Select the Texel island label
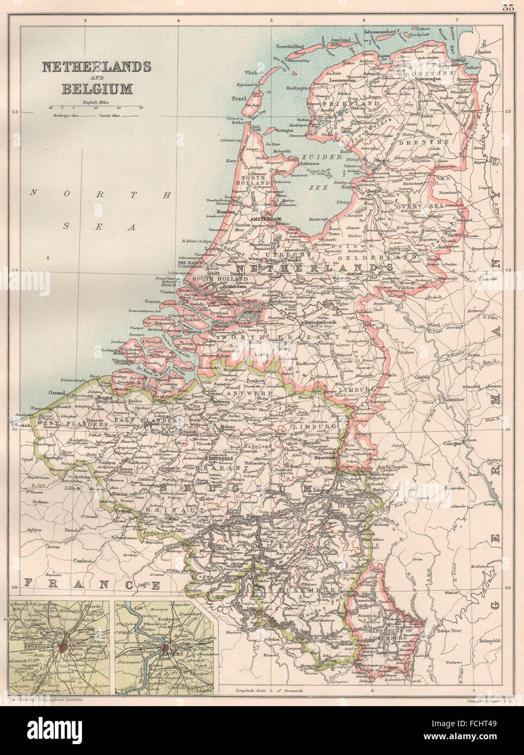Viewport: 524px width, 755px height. [239, 99]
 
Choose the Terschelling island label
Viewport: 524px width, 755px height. [289, 47]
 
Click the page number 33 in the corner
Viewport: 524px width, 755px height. [508, 7]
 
